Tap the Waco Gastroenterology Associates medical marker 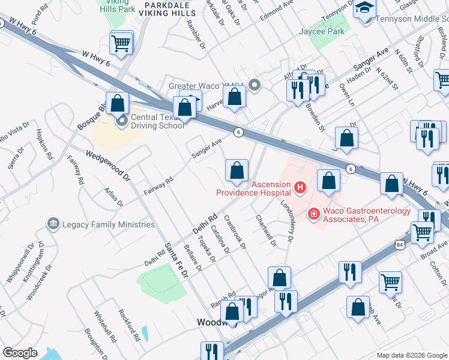313,213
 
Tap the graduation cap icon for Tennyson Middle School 364,10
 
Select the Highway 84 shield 400,244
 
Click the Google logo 20,353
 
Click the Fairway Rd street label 158,187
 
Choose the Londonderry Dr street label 286,220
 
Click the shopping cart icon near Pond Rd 121,43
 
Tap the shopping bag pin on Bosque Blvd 116,103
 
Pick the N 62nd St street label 388,78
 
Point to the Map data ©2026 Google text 411,355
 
